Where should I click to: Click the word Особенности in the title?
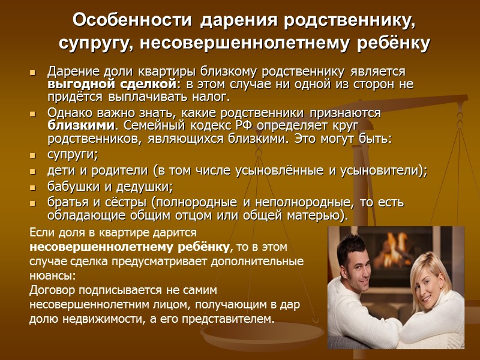132,20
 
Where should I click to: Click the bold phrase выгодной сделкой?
112,83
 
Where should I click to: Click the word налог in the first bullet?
211,97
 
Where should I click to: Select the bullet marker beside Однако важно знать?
33,114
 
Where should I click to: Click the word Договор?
52,290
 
